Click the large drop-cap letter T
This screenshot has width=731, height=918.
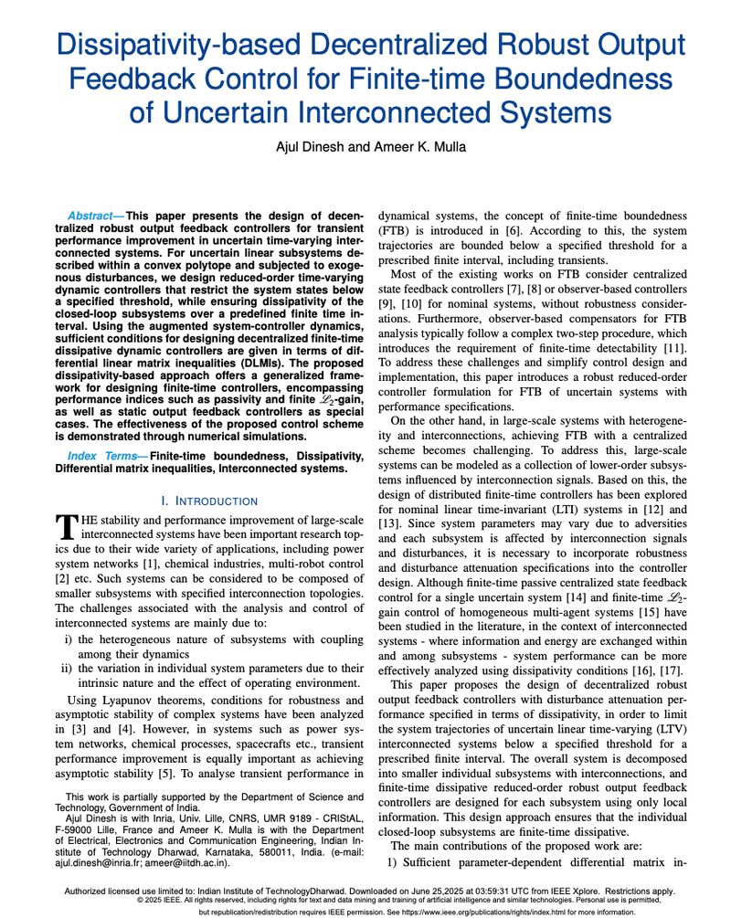pos(67,526)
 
